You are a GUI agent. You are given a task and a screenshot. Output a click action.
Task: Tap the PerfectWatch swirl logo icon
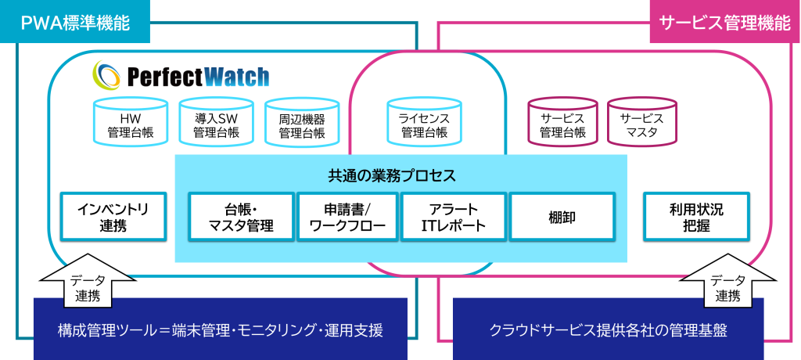(x=107, y=75)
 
